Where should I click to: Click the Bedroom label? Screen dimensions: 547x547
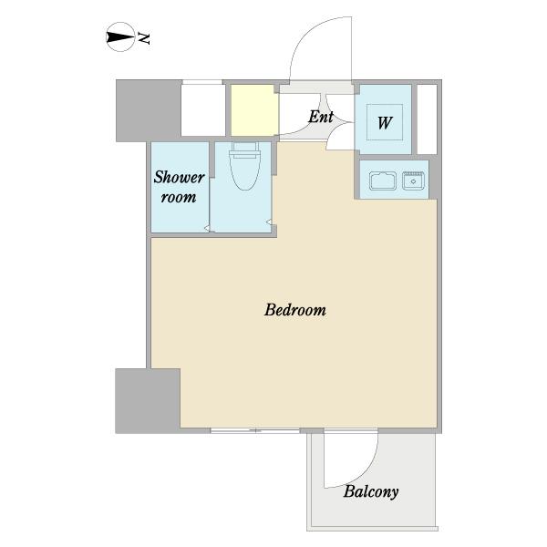pyautogui.click(x=295, y=310)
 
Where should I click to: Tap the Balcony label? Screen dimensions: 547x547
pyautogui.click(x=371, y=492)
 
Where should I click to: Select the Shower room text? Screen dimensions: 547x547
pyautogui.click(x=179, y=187)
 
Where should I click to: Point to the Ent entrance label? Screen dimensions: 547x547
pyautogui.click(x=321, y=117)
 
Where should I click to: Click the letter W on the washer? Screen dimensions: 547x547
pyautogui.click(x=385, y=123)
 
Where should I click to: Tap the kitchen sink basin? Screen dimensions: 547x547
pyautogui.click(x=383, y=181)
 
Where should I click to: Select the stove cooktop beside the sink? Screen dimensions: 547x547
pyautogui.click(x=413, y=181)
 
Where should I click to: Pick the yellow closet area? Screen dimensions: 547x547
pyautogui.click(x=254, y=110)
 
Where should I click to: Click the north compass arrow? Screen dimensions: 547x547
pyautogui.click(x=120, y=37)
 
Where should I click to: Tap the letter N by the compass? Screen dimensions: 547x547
pyautogui.click(x=144, y=38)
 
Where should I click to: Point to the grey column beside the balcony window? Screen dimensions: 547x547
pyautogui.click(x=148, y=401)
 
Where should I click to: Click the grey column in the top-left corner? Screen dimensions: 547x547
pyautogui.click(x=149, y=110)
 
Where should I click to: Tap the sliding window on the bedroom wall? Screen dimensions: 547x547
pyautogui.click(x=255, y=430)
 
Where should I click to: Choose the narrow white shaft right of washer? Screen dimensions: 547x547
pyautogui.click(x=428, y=119)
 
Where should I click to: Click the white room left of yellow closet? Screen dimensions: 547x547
pyautogui.click(x=203, y=110)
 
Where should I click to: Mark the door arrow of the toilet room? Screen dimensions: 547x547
pyautogui.click(x=269, y=222)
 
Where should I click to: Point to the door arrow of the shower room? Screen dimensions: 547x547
pyautogui.click(x=207, y=229)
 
